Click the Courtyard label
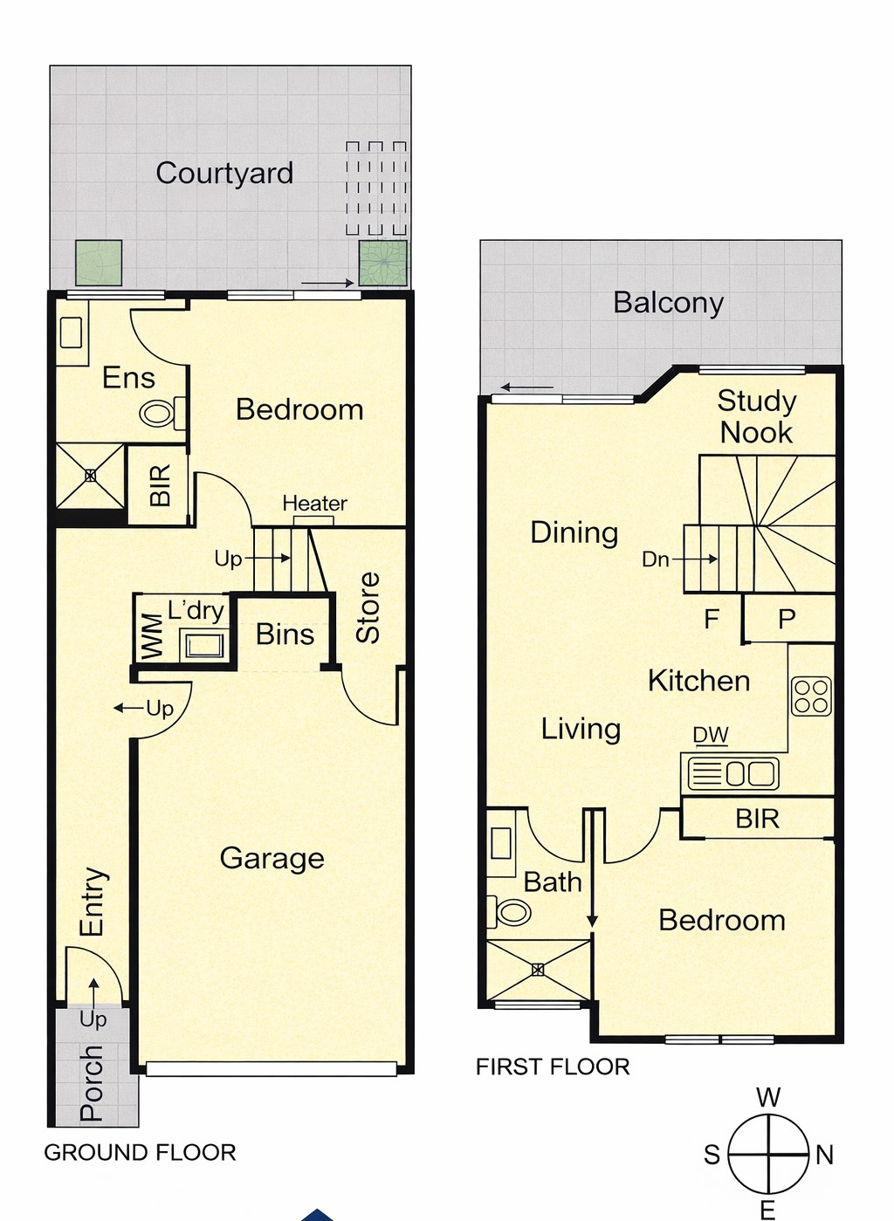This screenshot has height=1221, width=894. tap(224, 174)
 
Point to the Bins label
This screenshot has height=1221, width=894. tap(285, 635)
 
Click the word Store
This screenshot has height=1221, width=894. tap(368, 607)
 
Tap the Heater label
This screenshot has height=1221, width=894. tap(314, 503)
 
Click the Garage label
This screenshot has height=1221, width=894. tap(272, 858)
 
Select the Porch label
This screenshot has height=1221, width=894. tap(91, 1083)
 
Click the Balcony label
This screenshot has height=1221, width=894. tap(669, 304)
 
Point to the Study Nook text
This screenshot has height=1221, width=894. tap(757, 417)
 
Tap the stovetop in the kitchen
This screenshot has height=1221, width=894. tap(812, 696)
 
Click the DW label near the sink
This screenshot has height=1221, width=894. tap(711, 736)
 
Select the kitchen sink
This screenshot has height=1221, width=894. tap(733, 773)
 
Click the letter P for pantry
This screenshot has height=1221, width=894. tap(787, 619)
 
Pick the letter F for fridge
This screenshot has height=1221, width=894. tap(712, 619)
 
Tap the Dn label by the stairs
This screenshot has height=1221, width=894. tap(656, 559)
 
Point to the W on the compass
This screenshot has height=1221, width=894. tap(768, 1097)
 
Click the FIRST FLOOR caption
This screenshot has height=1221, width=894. tap(553, 1067)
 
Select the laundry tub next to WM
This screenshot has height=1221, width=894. tap(204, 645)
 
